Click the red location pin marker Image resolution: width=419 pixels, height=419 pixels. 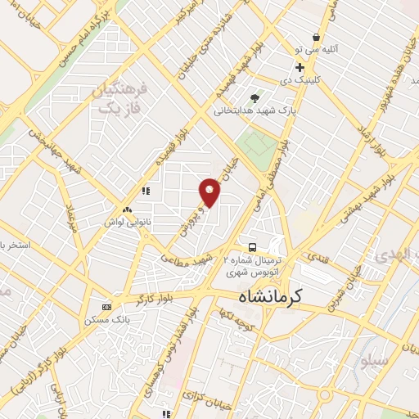click(210, 191)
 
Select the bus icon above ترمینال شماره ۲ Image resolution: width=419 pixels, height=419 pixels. click(253, 246)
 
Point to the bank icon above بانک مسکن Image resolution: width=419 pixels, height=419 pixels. click(106, 307)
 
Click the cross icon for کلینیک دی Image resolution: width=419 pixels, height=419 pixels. click(300, 67)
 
